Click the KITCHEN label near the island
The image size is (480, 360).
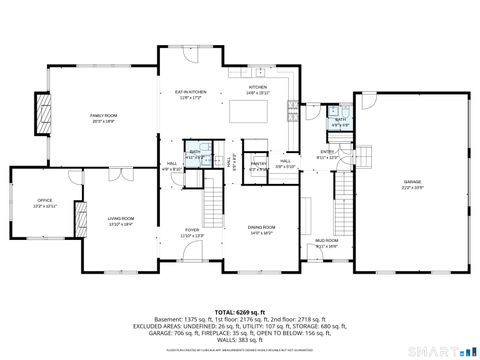pyautogui.click(x=258, y=87)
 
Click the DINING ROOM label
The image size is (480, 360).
pyautogui.click(x=262, y=227)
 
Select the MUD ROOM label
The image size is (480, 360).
pyautogui.click(x=326, y=241)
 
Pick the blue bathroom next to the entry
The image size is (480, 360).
pyautogui.click(x=340, y=123)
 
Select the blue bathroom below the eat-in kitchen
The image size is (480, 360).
pyautogui.click(x=197, y=154)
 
